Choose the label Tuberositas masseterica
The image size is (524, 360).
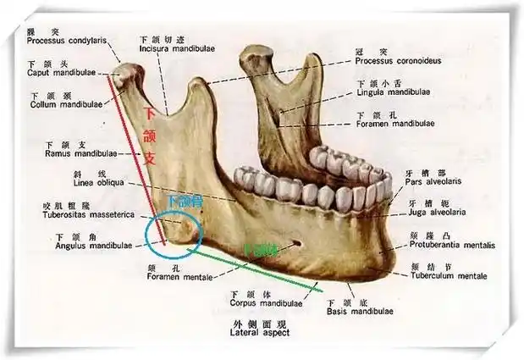77,215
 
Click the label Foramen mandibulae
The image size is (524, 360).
394,123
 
